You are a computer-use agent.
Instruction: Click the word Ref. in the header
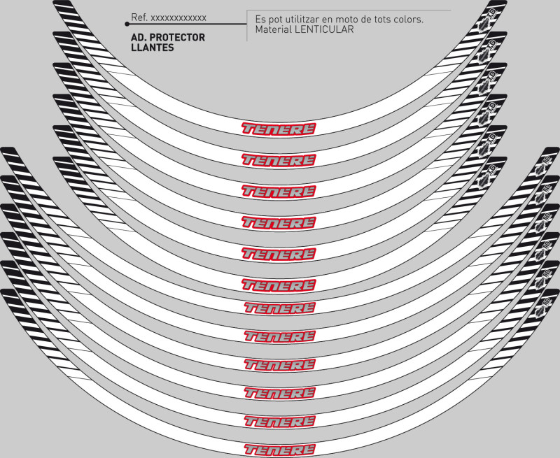click(x=139, y=17)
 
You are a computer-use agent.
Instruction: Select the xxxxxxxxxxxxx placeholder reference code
click(x=178, y=17)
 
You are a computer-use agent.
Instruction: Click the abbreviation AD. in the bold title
click(x=138, y=38)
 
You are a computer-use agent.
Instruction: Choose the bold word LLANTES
click(x=153, y=48)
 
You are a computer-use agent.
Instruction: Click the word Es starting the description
click(x=261, y=20)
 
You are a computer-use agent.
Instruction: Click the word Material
click(x=274, y=30)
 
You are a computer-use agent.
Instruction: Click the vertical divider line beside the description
click(x=247, y=25)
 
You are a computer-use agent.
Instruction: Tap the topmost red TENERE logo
click(x=279, y=129)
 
